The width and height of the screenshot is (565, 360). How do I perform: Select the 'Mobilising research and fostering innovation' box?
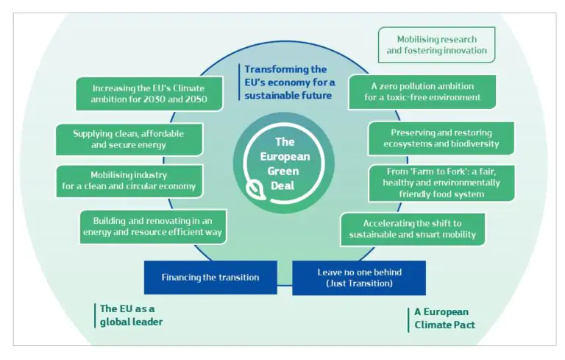coord(436,45)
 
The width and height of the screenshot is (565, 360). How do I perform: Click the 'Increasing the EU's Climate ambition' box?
coord(149,94)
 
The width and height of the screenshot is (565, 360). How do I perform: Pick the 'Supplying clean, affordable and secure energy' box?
coord(129,139)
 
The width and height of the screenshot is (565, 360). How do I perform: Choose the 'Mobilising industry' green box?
coord(129,181)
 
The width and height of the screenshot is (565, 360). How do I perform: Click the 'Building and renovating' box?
coord(152,226)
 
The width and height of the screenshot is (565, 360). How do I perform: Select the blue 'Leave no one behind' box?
coord(359,278)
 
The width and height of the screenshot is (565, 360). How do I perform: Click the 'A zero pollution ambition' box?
coord(422,92)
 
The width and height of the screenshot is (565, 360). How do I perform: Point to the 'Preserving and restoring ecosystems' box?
coord(440,138)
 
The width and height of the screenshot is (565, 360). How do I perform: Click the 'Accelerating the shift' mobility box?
coord(412,230)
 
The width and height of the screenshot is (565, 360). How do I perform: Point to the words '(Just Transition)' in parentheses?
coord(359,283)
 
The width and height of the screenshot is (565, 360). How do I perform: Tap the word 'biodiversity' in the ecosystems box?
coord(473,144)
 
